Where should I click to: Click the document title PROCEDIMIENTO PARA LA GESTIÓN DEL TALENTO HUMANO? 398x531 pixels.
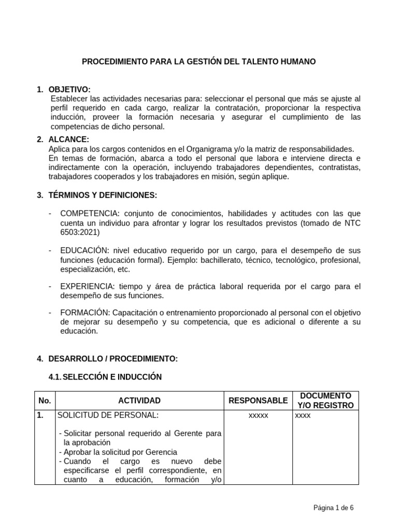[x=199, y=62]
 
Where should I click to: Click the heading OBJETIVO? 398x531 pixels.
[x=69, y=90]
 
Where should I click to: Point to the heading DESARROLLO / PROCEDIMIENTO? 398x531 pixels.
[x=113, y=358]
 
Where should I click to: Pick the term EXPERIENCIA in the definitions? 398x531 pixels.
[x=86, y=286]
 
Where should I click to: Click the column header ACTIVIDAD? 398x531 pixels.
[x=139, y=400]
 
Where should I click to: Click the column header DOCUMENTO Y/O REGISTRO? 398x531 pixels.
[x=325, y=400]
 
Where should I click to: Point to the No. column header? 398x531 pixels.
[x=45, y=400]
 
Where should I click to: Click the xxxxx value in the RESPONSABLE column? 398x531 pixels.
[x=258, y=416]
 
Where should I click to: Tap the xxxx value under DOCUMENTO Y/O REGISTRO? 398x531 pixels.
[x=303, y=416]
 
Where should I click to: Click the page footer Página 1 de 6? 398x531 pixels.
[x=334, y=508]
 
